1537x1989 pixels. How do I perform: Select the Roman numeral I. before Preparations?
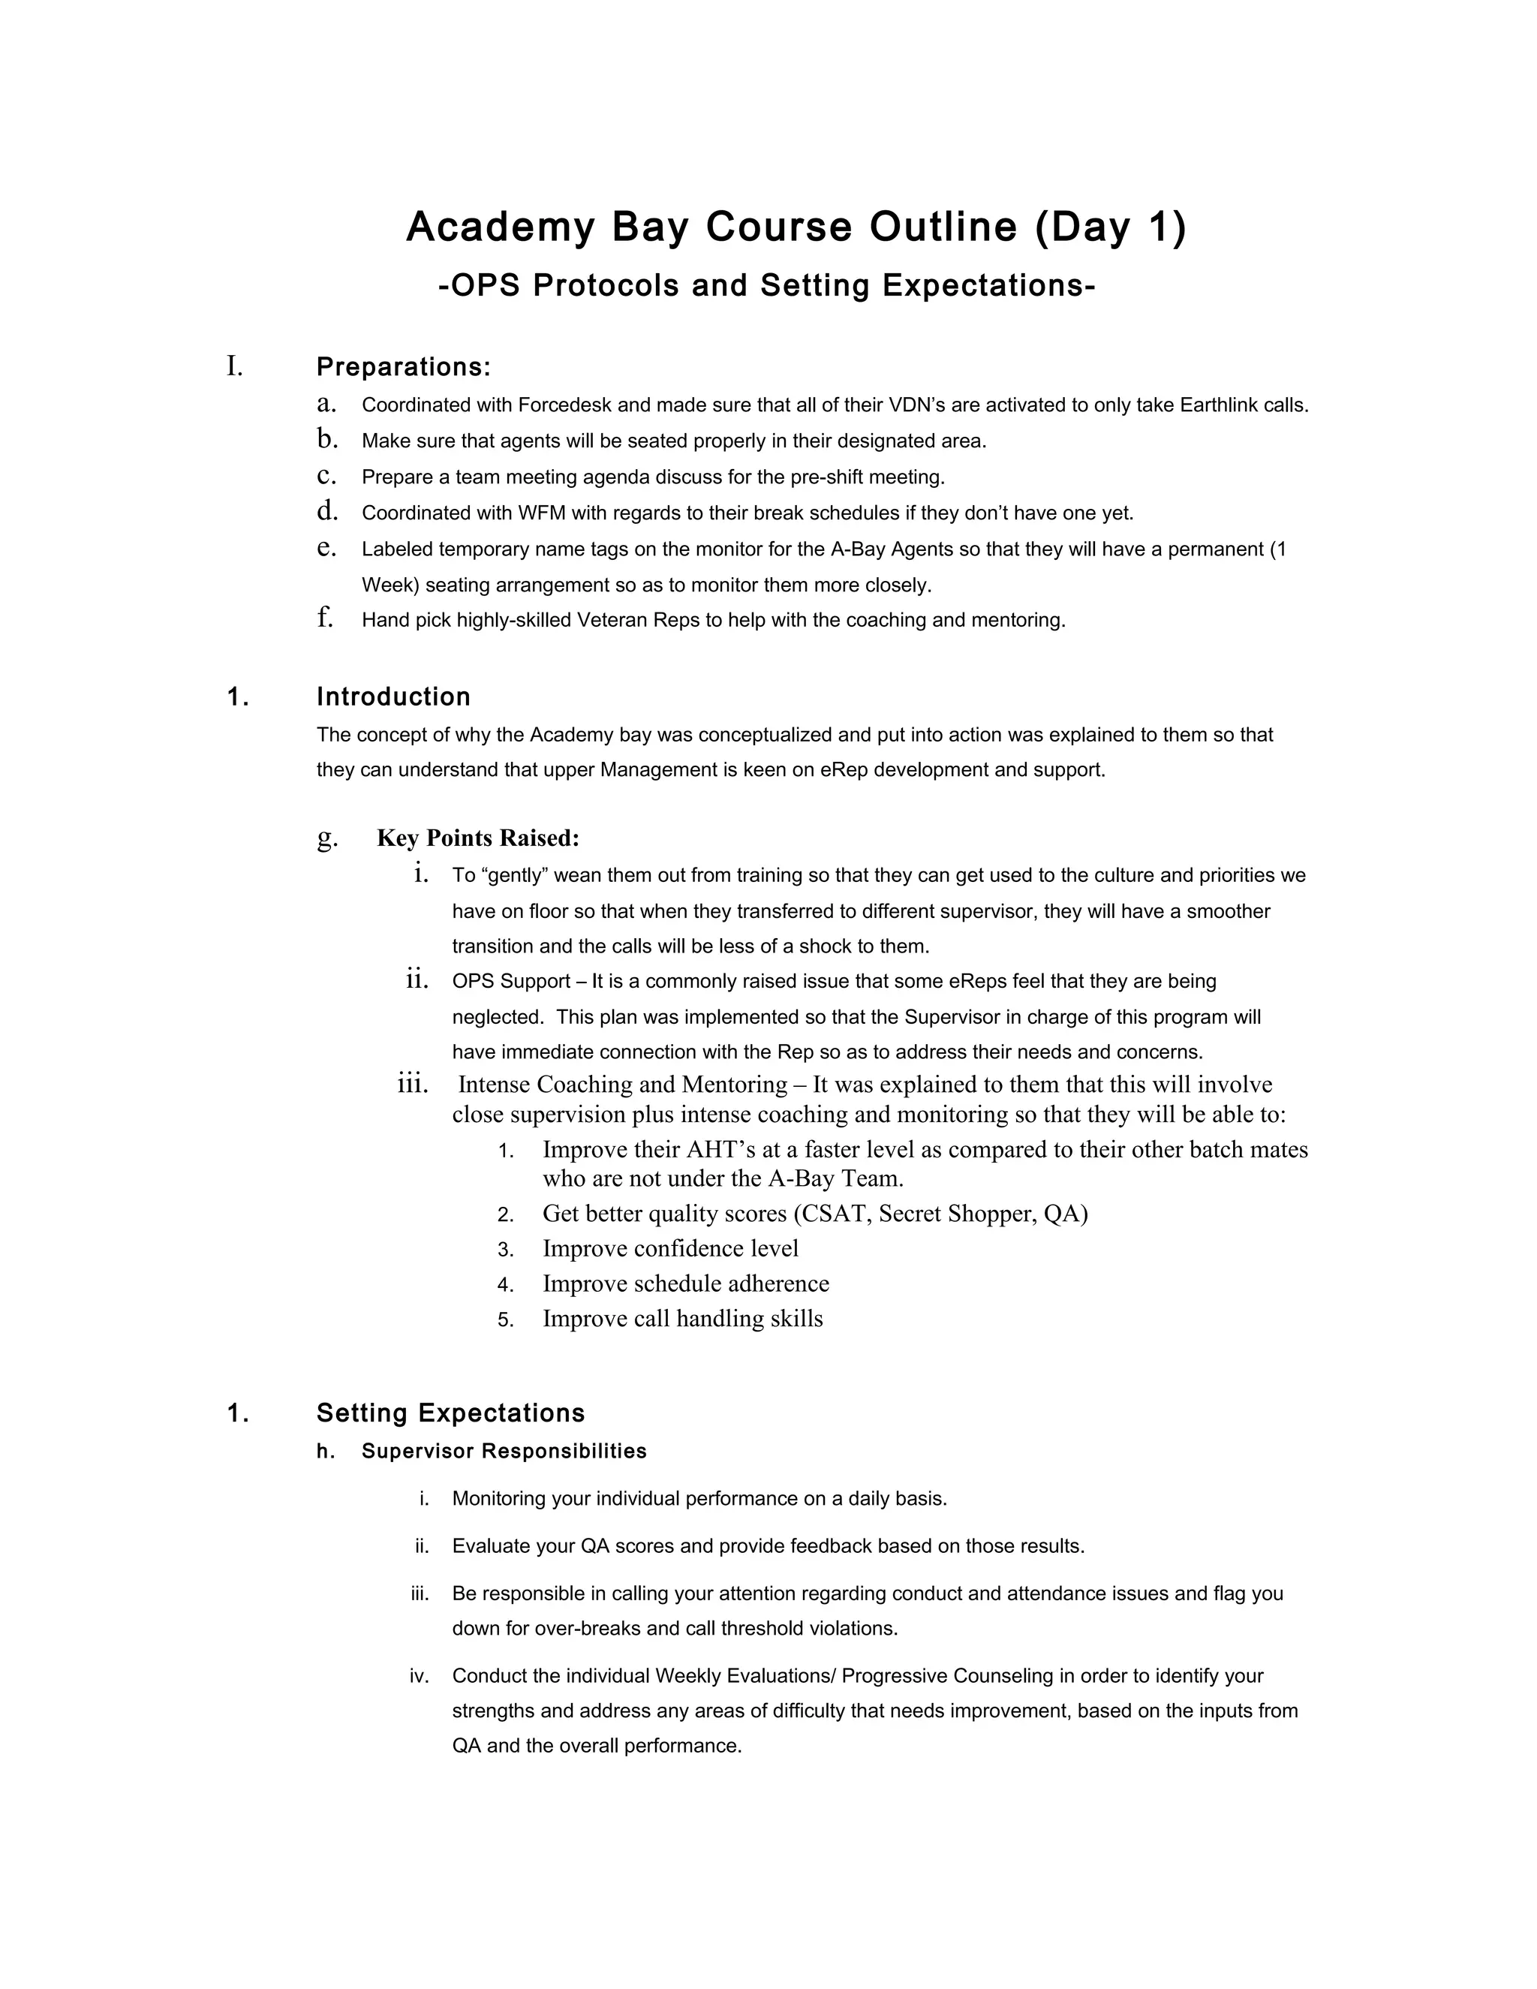[235, 367]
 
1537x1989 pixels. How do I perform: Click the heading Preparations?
[403, 368]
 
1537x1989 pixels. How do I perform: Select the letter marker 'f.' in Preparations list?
[325, 618]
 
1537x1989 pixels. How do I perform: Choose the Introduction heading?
[393, 697]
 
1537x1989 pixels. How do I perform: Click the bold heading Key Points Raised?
[478, 838]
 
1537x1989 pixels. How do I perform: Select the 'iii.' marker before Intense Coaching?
[413, 1084]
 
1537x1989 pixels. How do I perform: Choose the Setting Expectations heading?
[451, 1413]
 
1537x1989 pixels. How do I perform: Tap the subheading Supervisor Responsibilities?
[504, 1452]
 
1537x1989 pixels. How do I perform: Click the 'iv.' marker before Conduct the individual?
[419, 1676]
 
